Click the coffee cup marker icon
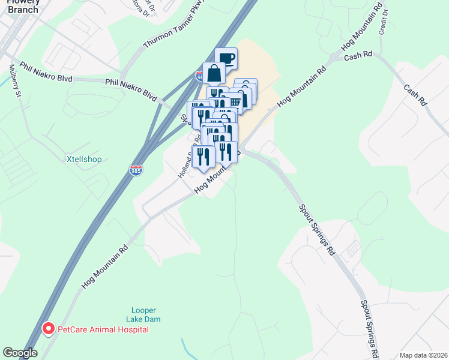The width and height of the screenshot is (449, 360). point(226,59)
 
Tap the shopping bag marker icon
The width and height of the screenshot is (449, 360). point(214,73)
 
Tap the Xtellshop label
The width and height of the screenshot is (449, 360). point(83,160)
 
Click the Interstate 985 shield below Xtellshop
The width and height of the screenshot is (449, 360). point(136,171)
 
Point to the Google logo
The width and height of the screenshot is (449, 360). point(20,353)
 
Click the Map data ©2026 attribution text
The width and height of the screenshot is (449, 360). point(423,355)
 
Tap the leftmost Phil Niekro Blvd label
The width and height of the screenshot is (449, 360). point(46,72)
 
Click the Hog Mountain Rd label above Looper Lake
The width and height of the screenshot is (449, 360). point(105,266)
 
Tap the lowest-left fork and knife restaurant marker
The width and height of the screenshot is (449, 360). point(203,156)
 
